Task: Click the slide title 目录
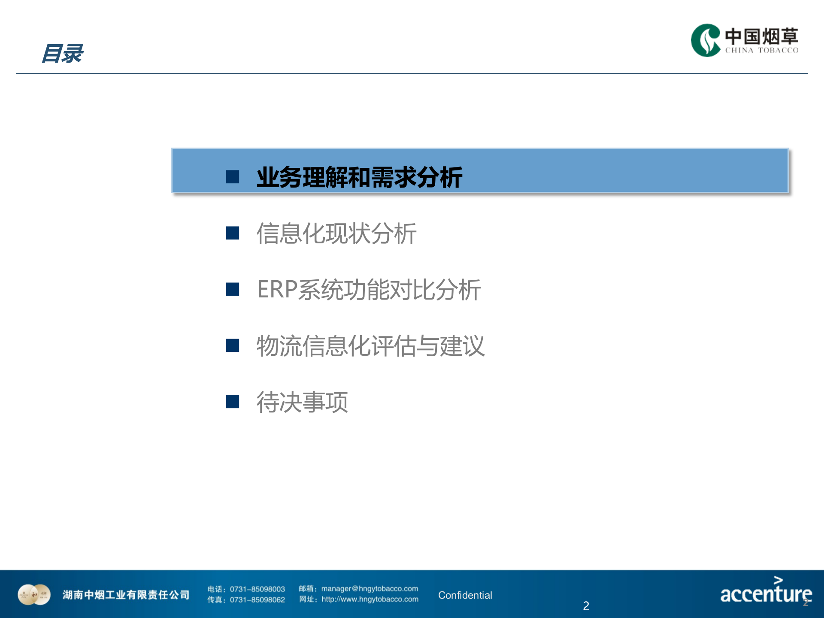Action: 63,54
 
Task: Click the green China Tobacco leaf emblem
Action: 705,40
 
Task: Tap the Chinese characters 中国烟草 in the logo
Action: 761,36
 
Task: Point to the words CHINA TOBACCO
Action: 761,50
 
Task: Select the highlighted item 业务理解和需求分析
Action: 359,177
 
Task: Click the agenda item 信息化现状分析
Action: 336,233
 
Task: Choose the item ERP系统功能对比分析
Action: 369,290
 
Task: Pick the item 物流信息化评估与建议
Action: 370,346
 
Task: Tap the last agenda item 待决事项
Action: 302,402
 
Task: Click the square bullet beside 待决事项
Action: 233,402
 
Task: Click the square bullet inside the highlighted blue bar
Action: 233,176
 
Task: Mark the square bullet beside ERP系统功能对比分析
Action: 233,289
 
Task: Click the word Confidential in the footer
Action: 465,595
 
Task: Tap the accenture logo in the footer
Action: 766,592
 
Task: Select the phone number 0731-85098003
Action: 257,589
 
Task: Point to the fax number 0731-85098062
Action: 257,600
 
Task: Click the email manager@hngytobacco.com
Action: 370,589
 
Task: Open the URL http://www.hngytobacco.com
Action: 370,600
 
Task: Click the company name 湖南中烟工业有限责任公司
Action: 126,595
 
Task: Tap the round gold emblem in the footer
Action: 34,595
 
